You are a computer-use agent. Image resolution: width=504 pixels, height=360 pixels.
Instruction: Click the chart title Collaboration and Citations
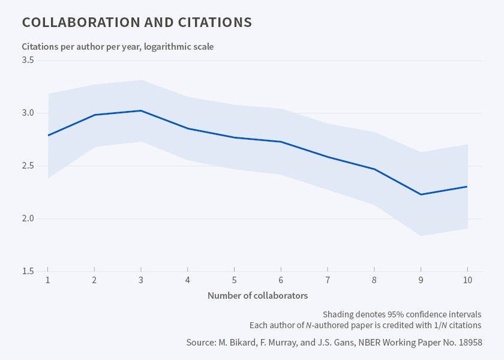click(137, 23)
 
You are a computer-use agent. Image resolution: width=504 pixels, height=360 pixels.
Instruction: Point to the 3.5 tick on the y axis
click(28, 61)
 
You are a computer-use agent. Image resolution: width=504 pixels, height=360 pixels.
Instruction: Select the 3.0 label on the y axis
click(28, 113)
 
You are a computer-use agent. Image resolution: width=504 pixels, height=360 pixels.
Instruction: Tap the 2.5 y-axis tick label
click(28, 166)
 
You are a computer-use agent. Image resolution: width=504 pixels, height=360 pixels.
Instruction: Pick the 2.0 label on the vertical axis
click(28, 219)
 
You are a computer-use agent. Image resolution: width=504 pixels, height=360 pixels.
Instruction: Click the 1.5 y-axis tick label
click(28, 271)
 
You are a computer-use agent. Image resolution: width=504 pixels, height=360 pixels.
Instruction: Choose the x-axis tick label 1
click(47, 281)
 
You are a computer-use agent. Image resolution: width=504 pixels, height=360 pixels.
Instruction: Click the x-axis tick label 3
click(140, 281)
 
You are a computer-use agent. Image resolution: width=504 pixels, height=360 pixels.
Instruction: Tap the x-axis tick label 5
click(234, 281)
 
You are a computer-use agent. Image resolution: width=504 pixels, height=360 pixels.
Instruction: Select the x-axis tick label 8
click(374, 281)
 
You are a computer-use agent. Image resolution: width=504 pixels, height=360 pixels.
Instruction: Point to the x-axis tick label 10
click(467, 281)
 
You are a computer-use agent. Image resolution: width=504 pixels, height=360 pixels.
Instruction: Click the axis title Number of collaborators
click(257, 296)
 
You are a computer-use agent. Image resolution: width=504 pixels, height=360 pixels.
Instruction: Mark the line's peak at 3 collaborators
click(140, 110)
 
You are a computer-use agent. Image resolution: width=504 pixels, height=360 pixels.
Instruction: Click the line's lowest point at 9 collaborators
click(421, 194)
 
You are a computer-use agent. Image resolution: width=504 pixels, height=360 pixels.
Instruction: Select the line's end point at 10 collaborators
click(467, 187)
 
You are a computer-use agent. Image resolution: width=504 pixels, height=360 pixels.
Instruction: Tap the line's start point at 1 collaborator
click(47, 135)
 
